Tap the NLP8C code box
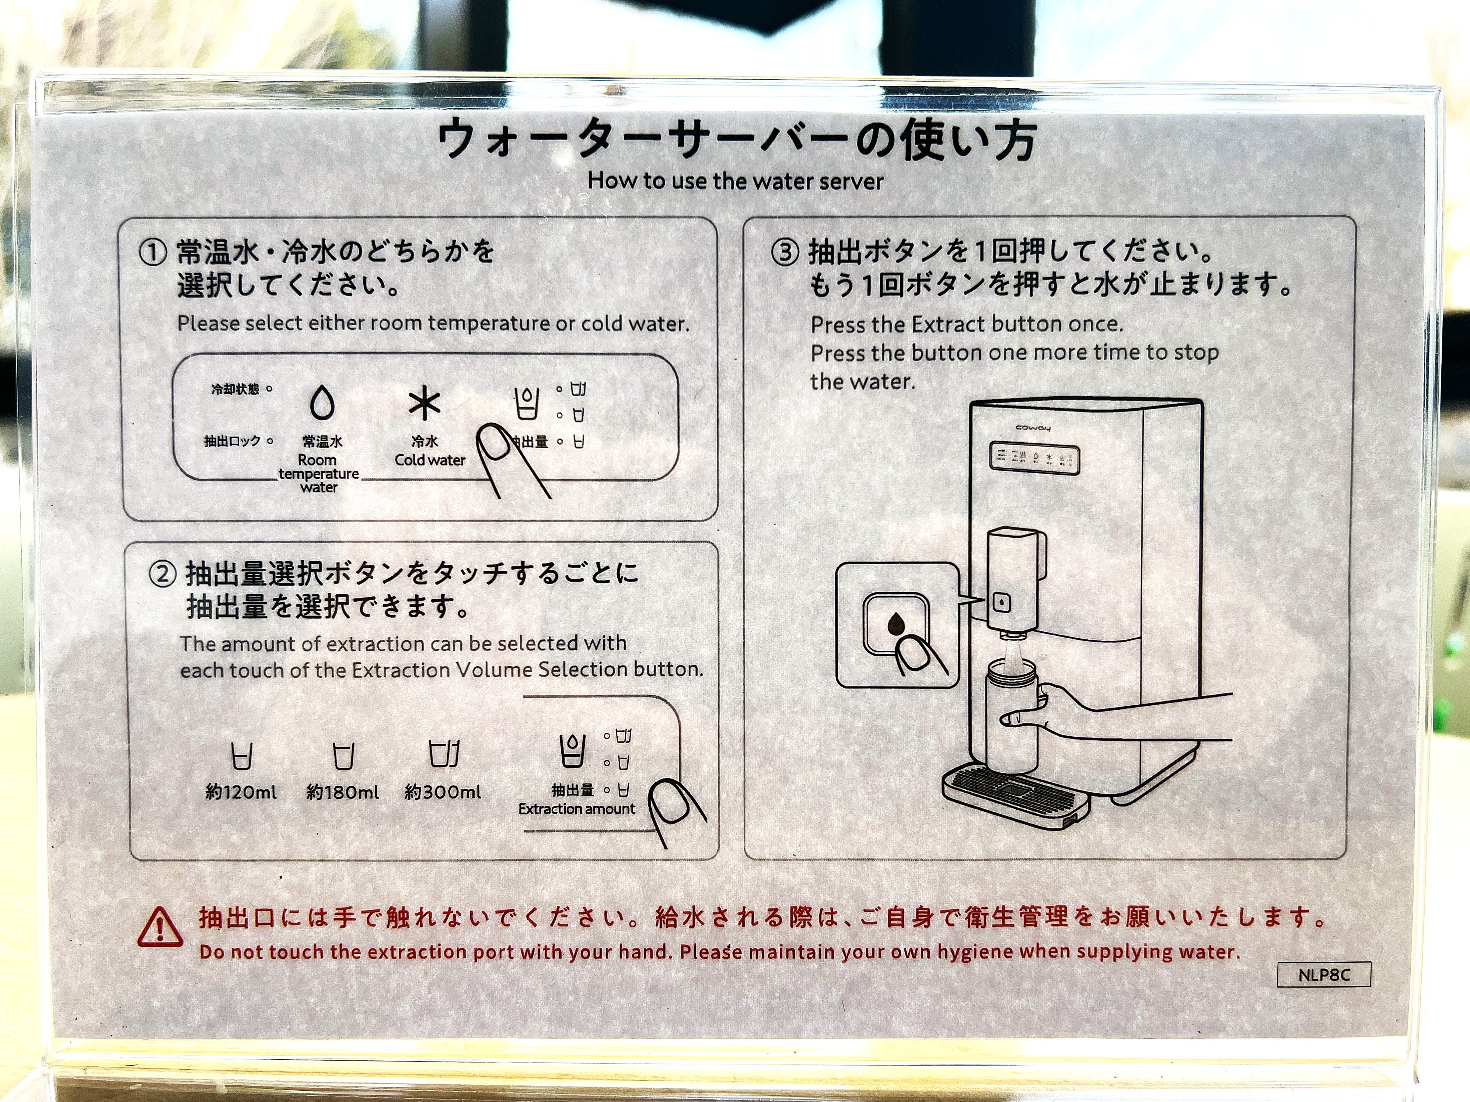click(x=1324, y=975)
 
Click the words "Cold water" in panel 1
click(x=430, y=460)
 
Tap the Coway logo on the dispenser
click(x=1033, y=428)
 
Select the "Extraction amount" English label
click(x=577, y=809)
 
